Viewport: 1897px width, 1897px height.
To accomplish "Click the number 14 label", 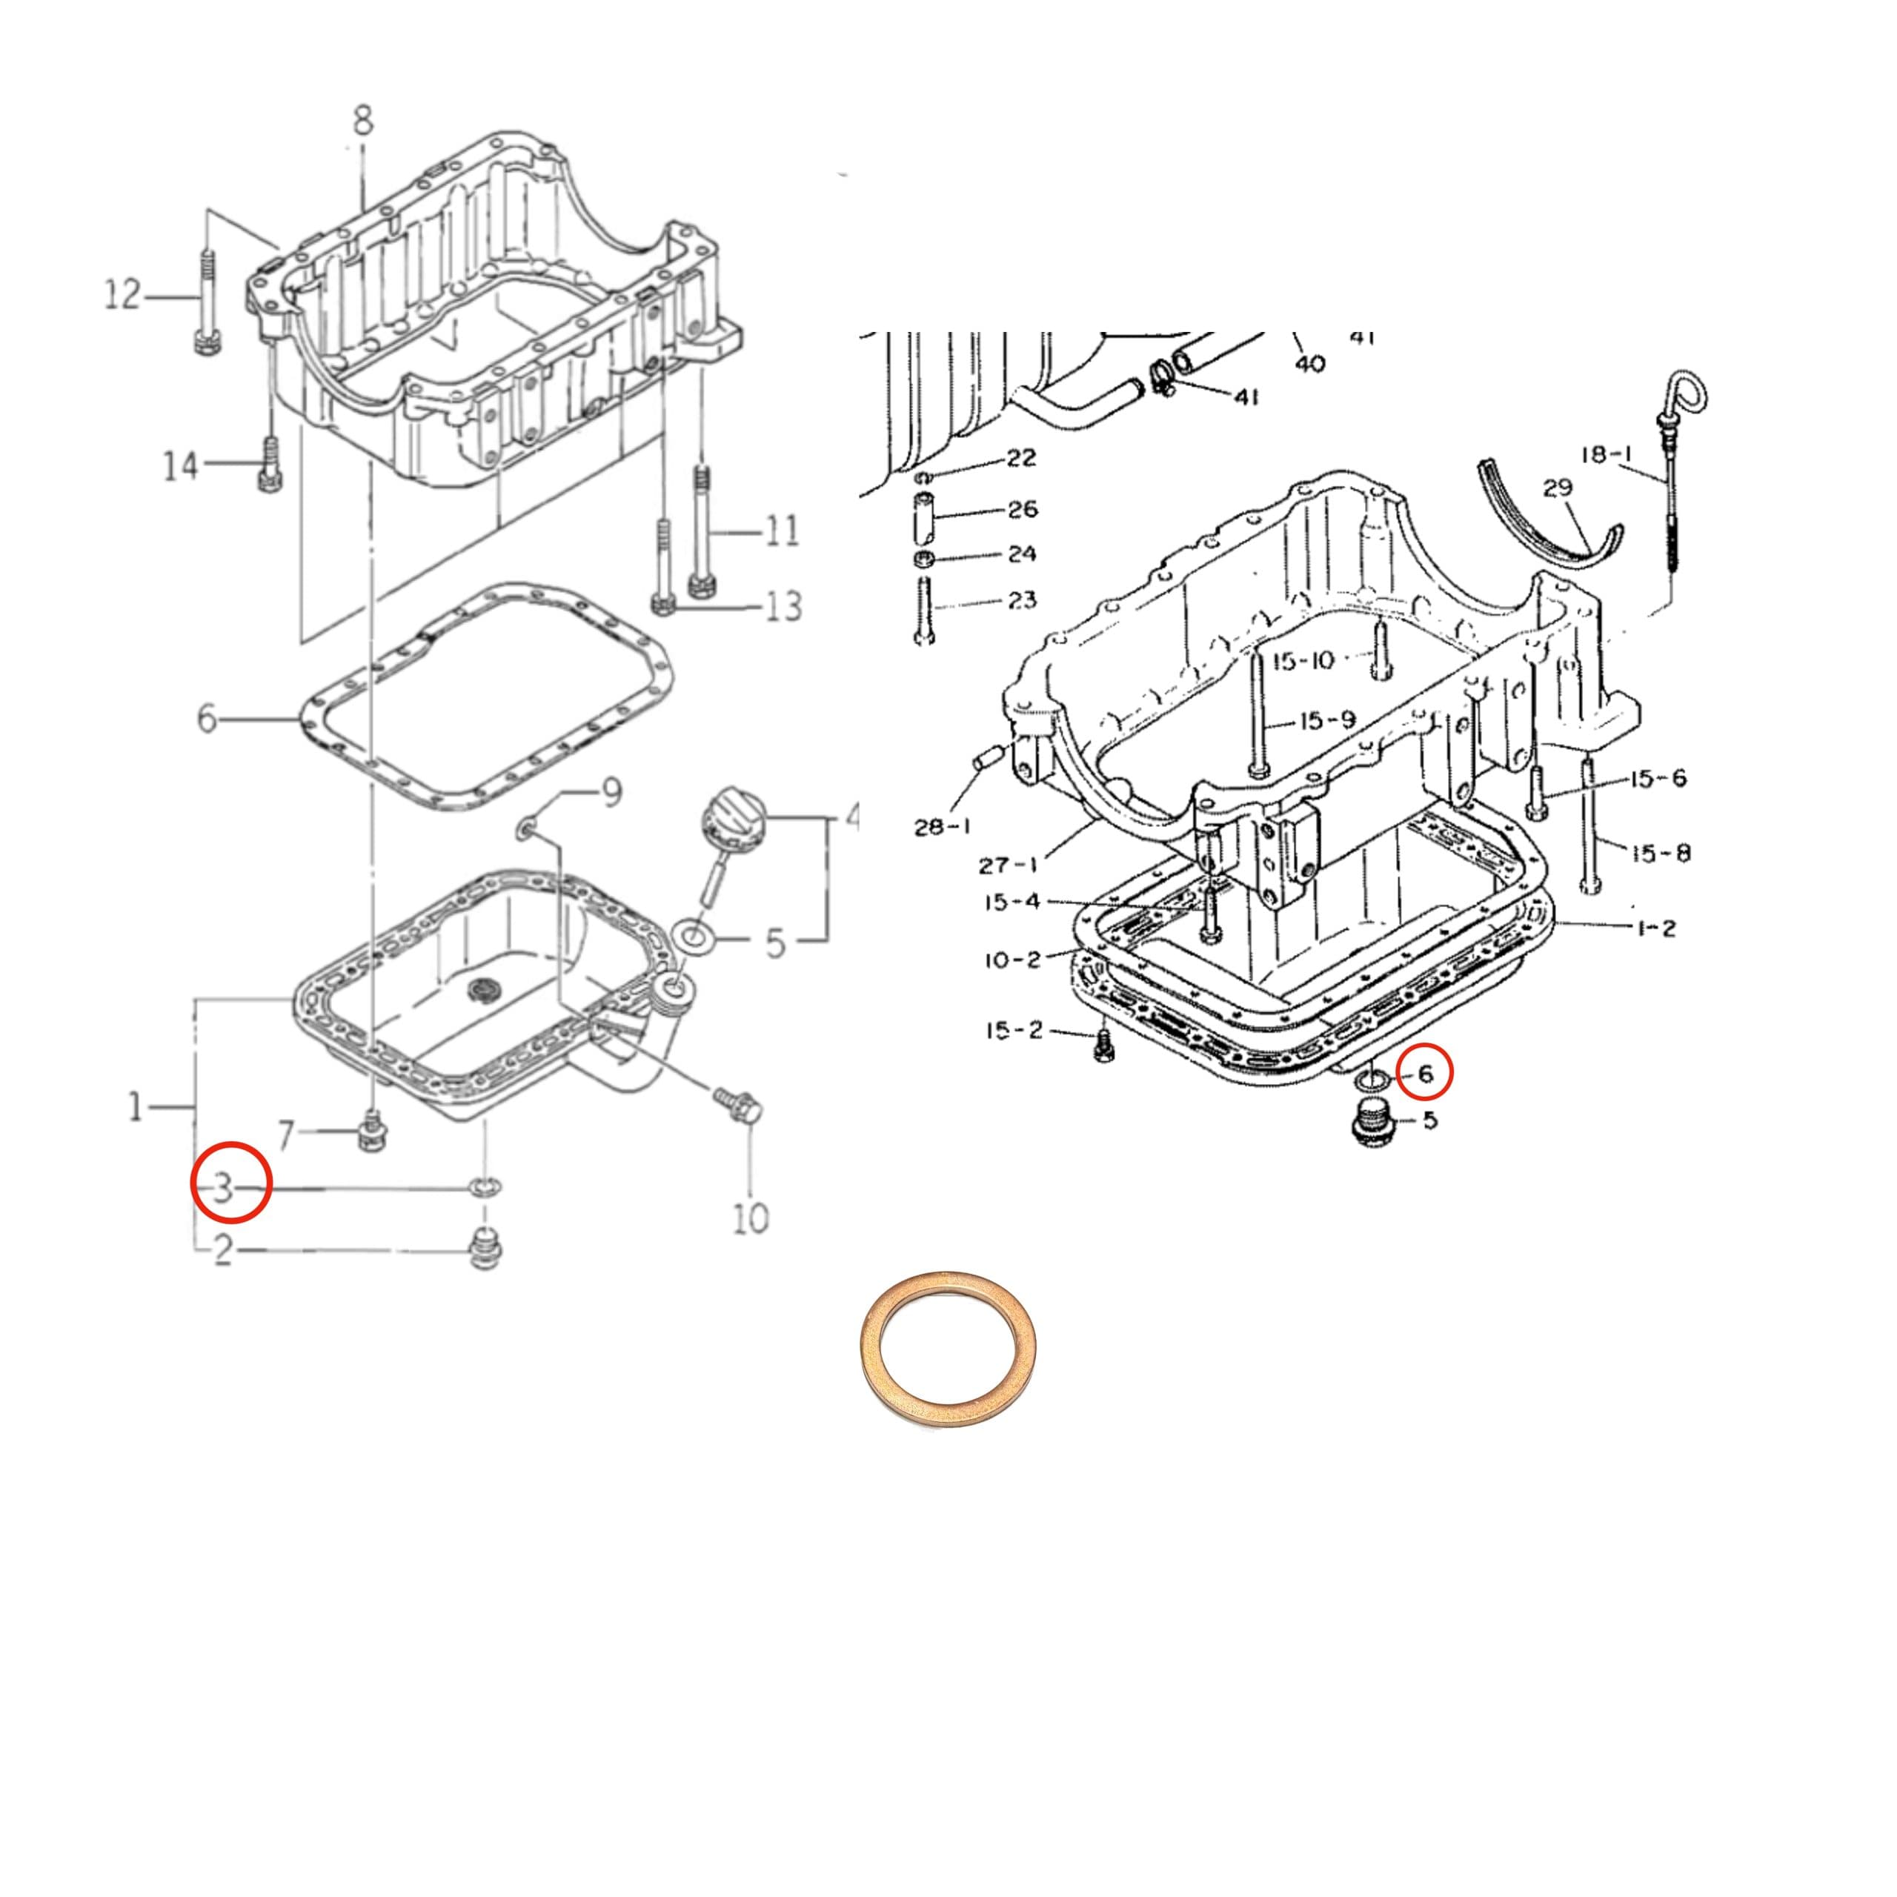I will [179, 465].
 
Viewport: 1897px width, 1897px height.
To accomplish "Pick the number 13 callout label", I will [783, 606].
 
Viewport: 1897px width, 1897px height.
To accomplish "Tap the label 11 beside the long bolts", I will [782, 531].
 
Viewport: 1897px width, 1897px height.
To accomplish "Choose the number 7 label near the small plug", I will [286, 1137].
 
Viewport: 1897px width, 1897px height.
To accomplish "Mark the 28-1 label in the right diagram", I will [942, 828].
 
